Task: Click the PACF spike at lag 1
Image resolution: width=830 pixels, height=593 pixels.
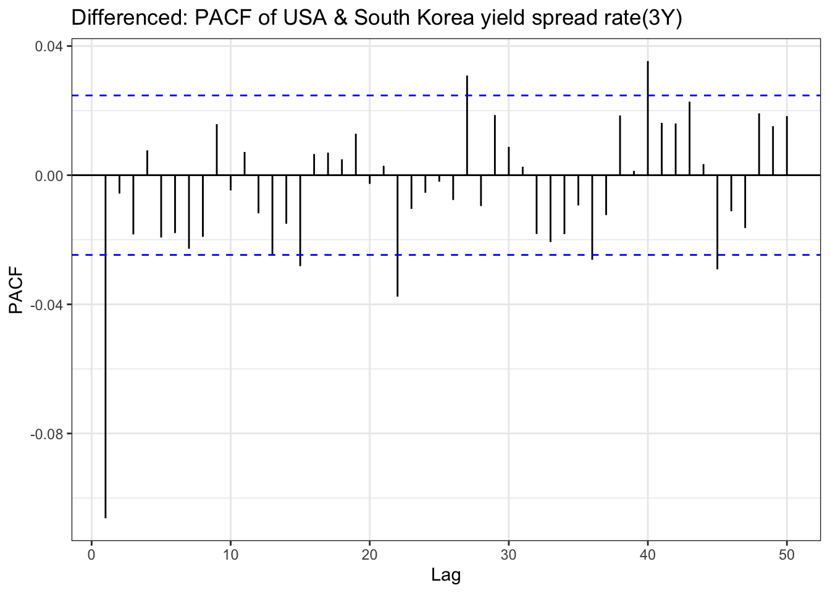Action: (x=106, y=346)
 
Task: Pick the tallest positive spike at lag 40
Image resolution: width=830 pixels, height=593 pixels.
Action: (x=648, y=118)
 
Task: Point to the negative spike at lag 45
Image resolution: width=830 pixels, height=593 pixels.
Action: (x=718, y=222)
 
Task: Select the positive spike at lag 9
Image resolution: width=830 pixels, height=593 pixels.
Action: (x=217, y=149)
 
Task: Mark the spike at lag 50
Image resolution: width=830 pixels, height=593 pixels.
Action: (x=787, y=146)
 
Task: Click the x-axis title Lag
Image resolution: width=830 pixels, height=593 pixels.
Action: (x=446, y=576)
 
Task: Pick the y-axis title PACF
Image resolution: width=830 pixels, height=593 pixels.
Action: (x=16, y=290)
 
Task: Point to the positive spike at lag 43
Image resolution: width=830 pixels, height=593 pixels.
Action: (x=690, y=138)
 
